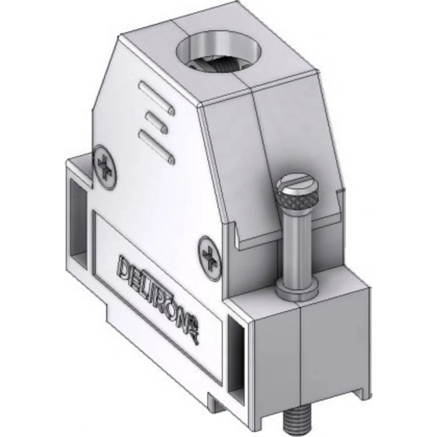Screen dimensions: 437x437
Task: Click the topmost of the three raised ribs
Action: coord(156,97)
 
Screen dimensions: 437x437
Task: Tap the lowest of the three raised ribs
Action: coord(156,146)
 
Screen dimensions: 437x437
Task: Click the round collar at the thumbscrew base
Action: coord(297,291)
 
